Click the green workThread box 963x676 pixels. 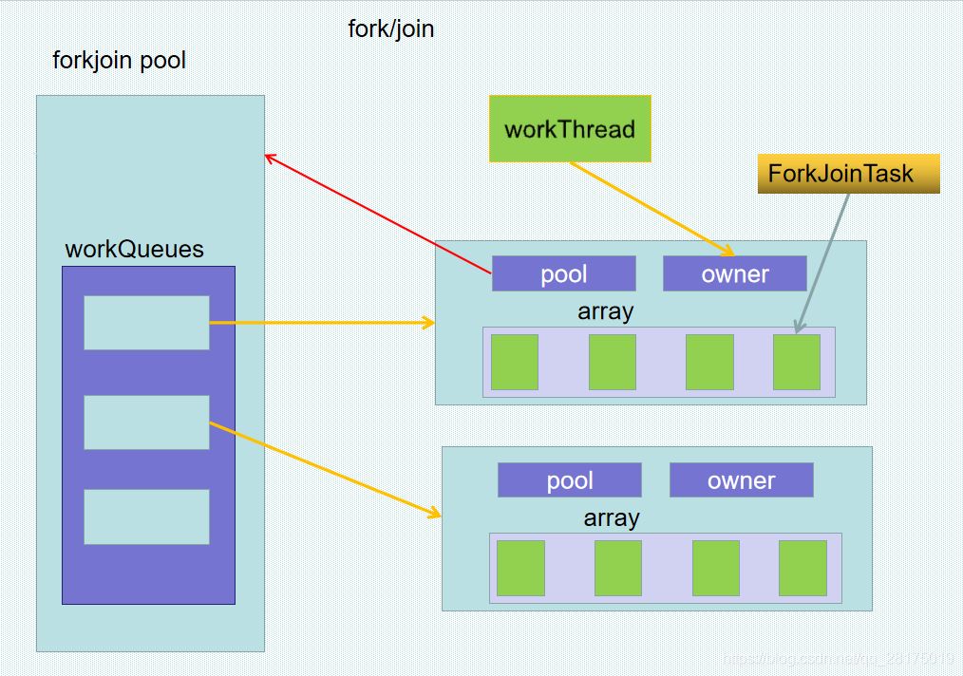pyautogui.click(x=570, y=128)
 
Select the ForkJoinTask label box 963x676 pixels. pyautogui.click(x=848, y=174)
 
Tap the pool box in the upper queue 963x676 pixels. pyautogui.click(x=563, y=273)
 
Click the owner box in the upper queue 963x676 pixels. pyautogui.click(x=734, y=273)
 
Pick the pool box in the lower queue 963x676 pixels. pyautogui.click(x=569, y=479)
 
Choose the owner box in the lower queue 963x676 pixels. pyautogui.click(x=741, y=479)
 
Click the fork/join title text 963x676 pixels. pyautogui.click(x=390, y=28)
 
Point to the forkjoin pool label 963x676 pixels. pyautogui.click(x=119, y=61)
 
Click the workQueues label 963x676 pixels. pyautogui.click(x=134, y=249)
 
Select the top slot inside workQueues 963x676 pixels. pyautogui.click(x=146, y=323)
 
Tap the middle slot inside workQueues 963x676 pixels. pyautogui.click(x=146, y=422)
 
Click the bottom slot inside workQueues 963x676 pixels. pyautogui.click(x=146, y=516)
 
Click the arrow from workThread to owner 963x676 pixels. pyautogui.click(x=651, y=208)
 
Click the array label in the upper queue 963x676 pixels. pyautogui.click(x=605, y=311)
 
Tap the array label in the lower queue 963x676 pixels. pyautogui.click(x=611, y=517)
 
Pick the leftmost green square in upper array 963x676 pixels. pyautogui.click(x=514, y=362)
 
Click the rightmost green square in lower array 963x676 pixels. pyautogui.click(x=802, y=568)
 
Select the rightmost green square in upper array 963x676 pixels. pyautogui.click(x=796, y=362)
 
